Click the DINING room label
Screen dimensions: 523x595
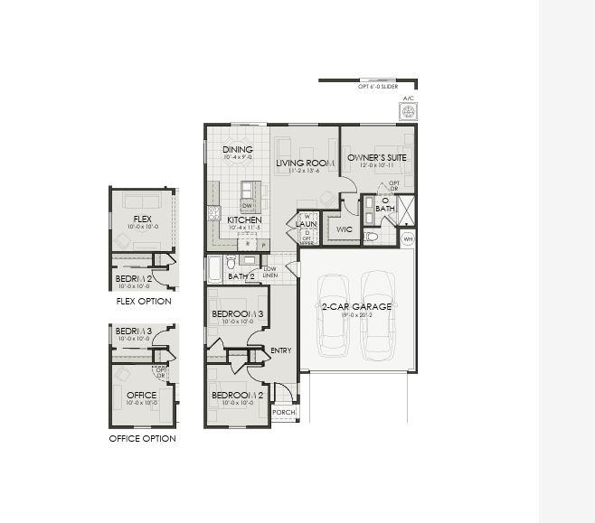tap(238, 150)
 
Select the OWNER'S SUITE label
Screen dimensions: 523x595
tap(377, 157)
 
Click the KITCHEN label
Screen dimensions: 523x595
tap(244, 220)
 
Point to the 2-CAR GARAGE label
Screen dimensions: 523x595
tap(357, 306)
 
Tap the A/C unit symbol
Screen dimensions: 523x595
tap(408, 111)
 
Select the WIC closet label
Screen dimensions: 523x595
tap(344, 229)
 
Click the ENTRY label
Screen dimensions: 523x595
tap(280, 350)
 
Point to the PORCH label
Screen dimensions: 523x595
tap(284, 412)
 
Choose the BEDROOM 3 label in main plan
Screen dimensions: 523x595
tap(237, 313)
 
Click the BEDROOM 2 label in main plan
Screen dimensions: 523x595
tap(237, 395)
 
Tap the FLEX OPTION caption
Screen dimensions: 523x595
tap(144, 301)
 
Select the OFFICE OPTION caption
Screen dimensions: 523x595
tap(143, 438)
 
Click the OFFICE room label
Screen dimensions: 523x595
tap(142, 395)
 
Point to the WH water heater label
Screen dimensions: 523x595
tap(408, 239)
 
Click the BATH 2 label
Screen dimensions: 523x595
tap(241, 276)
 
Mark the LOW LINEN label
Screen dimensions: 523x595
tap(269, 272)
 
